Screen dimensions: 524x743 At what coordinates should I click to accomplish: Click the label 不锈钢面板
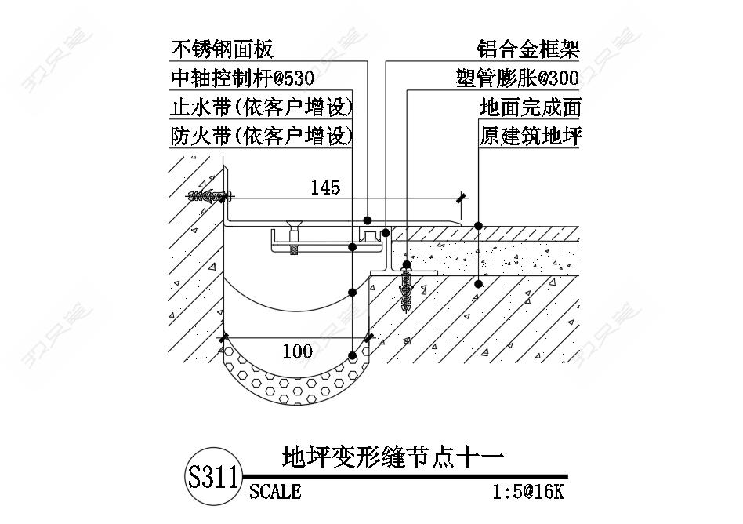(x=223, y=50)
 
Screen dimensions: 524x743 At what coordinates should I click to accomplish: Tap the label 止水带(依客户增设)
(x=261, y=107)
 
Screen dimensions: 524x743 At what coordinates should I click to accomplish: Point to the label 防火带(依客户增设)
(x=261, y=136)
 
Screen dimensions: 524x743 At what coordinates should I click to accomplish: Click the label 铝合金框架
(x=529, y=50)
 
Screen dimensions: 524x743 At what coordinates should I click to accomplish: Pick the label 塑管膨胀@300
(x=517, y=79)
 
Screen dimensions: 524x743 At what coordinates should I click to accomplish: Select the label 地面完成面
(x=530, y=107)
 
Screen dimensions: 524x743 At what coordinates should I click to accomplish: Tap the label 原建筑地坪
(x=530, y=136)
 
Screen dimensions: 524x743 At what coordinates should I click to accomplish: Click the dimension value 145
(x=325, y=187)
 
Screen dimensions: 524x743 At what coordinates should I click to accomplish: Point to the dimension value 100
(x=297, y=351)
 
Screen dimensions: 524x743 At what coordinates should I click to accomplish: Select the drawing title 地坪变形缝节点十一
(x=391, y=457)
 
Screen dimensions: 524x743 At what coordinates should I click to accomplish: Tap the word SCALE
(x=275, y=492)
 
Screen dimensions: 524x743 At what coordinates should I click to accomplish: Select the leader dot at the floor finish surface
(x=478, y=225)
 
